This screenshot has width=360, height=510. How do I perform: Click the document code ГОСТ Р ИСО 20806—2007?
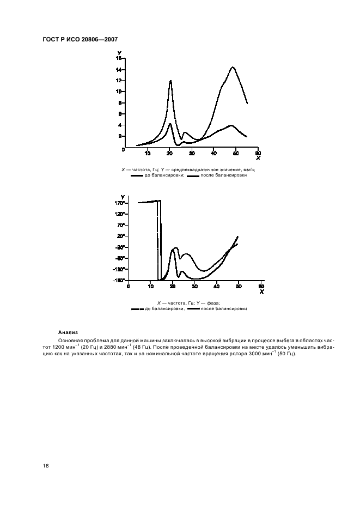[80, 40]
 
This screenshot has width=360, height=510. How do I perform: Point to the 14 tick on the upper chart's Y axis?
[118, 70]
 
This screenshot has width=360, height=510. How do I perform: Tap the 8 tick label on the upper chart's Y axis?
[119, 103]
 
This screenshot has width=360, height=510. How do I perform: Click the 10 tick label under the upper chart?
[147, 153]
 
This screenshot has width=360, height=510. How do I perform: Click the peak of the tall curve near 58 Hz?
[233, 68]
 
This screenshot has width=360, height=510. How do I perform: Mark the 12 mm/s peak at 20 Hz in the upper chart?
[170, 81]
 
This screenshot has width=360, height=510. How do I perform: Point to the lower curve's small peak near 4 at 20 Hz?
[170, 124]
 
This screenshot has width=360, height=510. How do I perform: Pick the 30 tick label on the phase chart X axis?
[195, 286]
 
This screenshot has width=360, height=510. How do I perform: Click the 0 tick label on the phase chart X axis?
[129, 286]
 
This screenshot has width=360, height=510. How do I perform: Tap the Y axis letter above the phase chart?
[123, 197]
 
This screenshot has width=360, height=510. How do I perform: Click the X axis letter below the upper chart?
[258, 158]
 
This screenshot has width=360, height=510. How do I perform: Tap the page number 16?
[46, 466]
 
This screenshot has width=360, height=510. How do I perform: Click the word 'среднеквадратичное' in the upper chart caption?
[206, 169]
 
